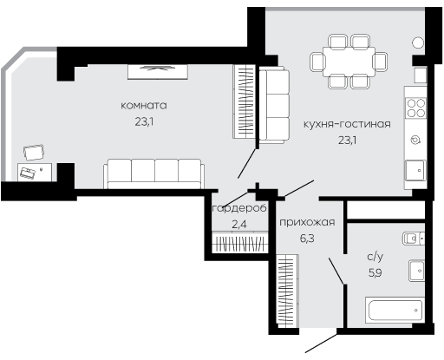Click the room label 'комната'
tap(144, 105)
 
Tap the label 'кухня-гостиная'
tap(347, 124)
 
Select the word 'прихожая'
tap(307, 222)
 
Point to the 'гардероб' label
tap(239, 209)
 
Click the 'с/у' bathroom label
tap(375, 257)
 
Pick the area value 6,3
tap(307, 239)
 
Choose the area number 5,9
tap(375, 272)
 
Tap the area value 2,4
tap(239, 225)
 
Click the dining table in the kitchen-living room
tap(349, 62)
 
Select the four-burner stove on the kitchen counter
tap(415, 108)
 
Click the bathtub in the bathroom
tap(395, 311)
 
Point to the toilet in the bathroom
tap(414, 239)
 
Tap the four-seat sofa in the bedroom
tap(153, 173)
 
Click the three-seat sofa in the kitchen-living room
tap(274, 105)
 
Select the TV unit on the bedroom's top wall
tap(158, 72)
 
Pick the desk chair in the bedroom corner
tap(34, 153)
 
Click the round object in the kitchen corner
tap(418, 43)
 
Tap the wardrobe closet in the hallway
tap(287, 291)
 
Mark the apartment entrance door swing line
tap(322, 344)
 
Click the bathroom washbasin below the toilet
tap(416, 271)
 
